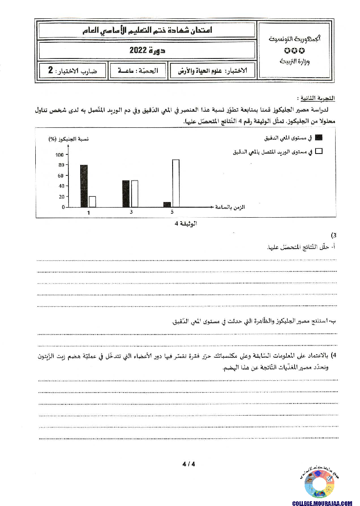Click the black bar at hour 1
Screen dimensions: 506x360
pyautogui.click(x=84, y=186)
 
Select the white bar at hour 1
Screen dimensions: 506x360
pyautogui.click(x=92, y=202)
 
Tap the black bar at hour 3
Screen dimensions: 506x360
pyautogui.click(x=126, y=194)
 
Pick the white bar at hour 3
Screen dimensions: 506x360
pyautogui.click(x=134, y=194)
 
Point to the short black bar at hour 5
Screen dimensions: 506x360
pyautogui.click(x=167, y=205)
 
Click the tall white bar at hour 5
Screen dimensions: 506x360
pyautogui.click(x=176, y=183)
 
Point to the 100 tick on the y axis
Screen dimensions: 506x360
pyautogui.click(x=60, y=155)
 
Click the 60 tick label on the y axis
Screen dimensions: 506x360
pyautogui.click(x=61, y=176)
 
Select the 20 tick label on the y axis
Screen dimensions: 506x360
pyautogui.click(x=61, y=197)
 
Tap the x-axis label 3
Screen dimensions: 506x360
pyautogui.click(x=131, y=212)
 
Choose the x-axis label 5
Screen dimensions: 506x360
pyautogui.click(x=172, y=212)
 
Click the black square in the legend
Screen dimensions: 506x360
pyautogui.click(x=319, y=138)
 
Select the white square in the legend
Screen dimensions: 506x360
pyautogui.click(x=319, y=151)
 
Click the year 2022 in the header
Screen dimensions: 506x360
pyautogui.click(x=147, y=51)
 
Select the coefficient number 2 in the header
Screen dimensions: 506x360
pyautogui.click(x=51, y=70)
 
